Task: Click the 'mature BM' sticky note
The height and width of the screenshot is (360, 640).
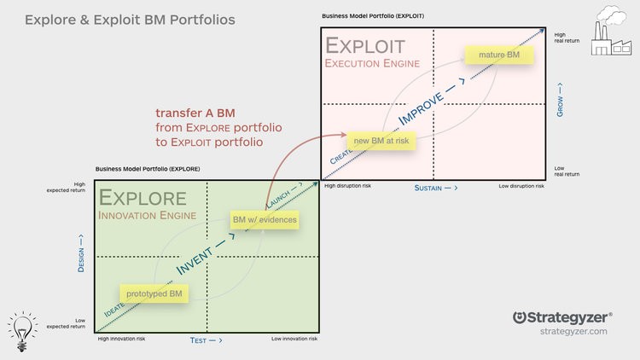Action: point(499,55)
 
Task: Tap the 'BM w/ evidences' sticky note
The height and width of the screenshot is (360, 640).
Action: point(265,220)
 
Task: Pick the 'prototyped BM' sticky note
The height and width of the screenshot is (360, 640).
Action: point(154,293)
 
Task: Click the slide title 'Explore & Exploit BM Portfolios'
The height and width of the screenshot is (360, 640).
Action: point(130,18)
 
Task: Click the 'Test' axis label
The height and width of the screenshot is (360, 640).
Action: point(205,340)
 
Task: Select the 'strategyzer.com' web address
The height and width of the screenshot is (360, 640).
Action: point(573,331)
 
